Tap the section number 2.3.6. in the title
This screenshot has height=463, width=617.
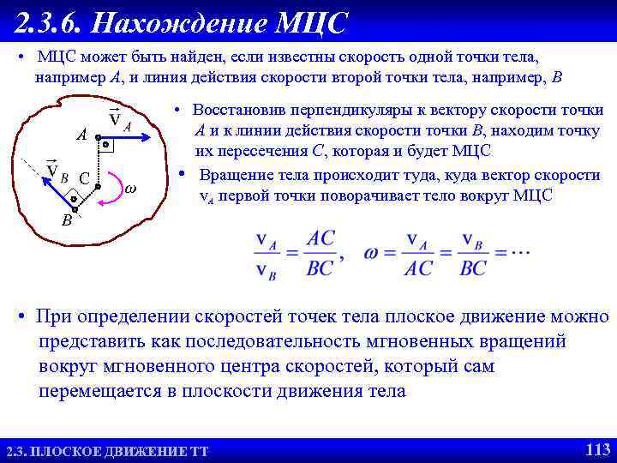coord(48,23)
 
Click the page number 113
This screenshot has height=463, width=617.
coord(596,449)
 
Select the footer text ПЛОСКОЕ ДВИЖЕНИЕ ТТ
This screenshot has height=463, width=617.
coord(120,451)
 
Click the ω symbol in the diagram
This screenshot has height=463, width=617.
coord(130,188)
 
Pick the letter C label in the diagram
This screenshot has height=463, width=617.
coord(84,178)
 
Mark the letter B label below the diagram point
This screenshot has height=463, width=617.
coord(66,220)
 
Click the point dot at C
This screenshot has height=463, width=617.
coord(99,186)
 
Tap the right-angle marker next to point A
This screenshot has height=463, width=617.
coord(105,146)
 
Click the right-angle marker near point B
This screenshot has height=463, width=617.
coord(73,198)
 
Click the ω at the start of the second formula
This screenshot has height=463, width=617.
coord(371,253)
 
